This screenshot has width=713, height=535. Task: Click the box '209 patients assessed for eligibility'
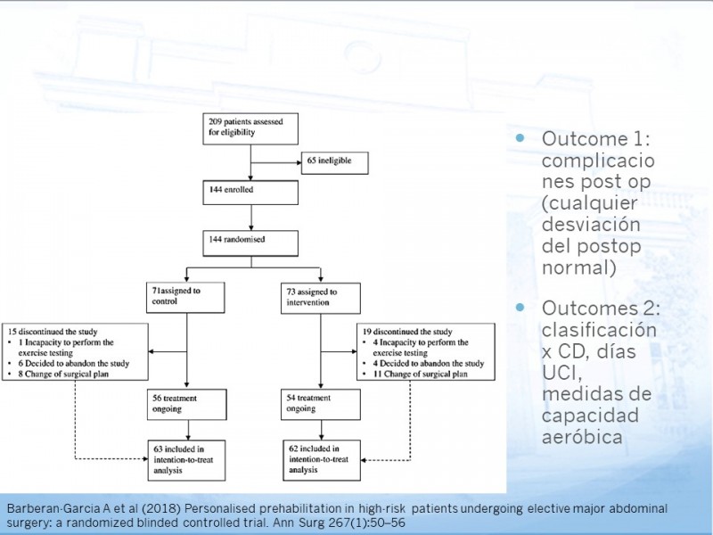(x=250, y=128)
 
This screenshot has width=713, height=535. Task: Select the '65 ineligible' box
(x=335, y=163)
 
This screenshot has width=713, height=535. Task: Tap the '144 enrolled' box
(x=250, y=193)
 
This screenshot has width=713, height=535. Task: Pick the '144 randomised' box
(x=250, y=243)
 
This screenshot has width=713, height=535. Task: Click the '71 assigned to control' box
(x=185, y=298)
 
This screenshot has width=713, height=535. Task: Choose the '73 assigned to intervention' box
(x=321, y=299)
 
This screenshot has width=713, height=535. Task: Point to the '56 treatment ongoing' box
(x=187, y=405)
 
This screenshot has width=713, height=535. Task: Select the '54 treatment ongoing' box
(x=321, y=404)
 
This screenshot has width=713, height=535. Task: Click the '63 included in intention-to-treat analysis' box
(x=186, y=460)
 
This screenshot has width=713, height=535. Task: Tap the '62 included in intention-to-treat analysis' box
(x=322, y=460)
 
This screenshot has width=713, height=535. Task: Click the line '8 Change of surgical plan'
(x=63, y=374)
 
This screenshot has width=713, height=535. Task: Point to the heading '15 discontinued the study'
(x=53, y=332)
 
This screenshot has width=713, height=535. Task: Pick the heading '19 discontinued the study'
(x=407, y=332)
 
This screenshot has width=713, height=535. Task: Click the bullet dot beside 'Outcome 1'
(x=520, y=137)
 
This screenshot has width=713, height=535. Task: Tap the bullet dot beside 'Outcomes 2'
(x=520, y=307)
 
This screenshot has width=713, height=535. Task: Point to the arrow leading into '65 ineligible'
(x=276, y=162)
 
